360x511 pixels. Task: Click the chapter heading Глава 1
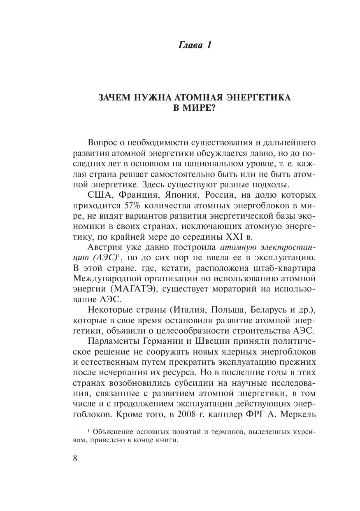[x=195, y=45]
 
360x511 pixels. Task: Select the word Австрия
[x=105, y=247]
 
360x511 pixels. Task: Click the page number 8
[x=75, y=458]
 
